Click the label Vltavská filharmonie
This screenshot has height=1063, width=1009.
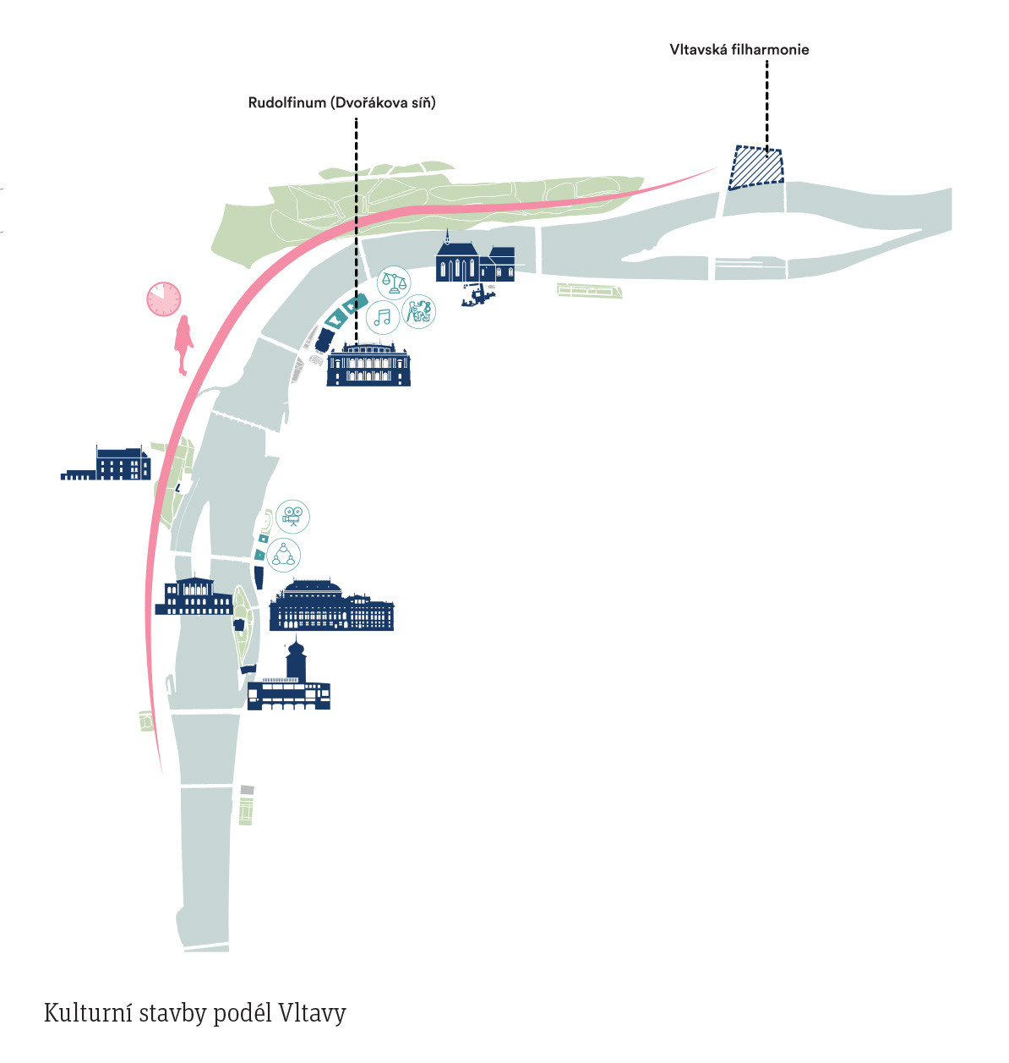[x=739, y=49]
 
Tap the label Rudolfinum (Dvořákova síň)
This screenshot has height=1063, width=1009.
[x=341, y=102]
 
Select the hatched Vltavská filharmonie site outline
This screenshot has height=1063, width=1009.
[x=755, y=167]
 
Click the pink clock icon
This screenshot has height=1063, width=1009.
[x=164, y=299]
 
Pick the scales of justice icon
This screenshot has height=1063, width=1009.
[x=393, y=280]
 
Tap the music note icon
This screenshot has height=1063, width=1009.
[x=383, y=317]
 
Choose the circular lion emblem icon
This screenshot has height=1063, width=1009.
[x=418, y=311]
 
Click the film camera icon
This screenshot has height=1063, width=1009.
[x=292, y=516]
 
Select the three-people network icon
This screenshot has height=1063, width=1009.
[x=283, y=555]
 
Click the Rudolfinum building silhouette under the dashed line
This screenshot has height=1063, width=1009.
[x=368, y=366]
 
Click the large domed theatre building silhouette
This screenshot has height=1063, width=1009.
[x=330, y=606]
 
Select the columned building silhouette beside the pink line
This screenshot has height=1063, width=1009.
[x=194, y=596]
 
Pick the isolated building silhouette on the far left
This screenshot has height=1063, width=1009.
[x=107, y=464]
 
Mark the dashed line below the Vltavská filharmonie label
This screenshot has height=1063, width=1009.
[x=766, y=106]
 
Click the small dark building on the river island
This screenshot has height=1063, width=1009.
[x=241, y=624]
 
